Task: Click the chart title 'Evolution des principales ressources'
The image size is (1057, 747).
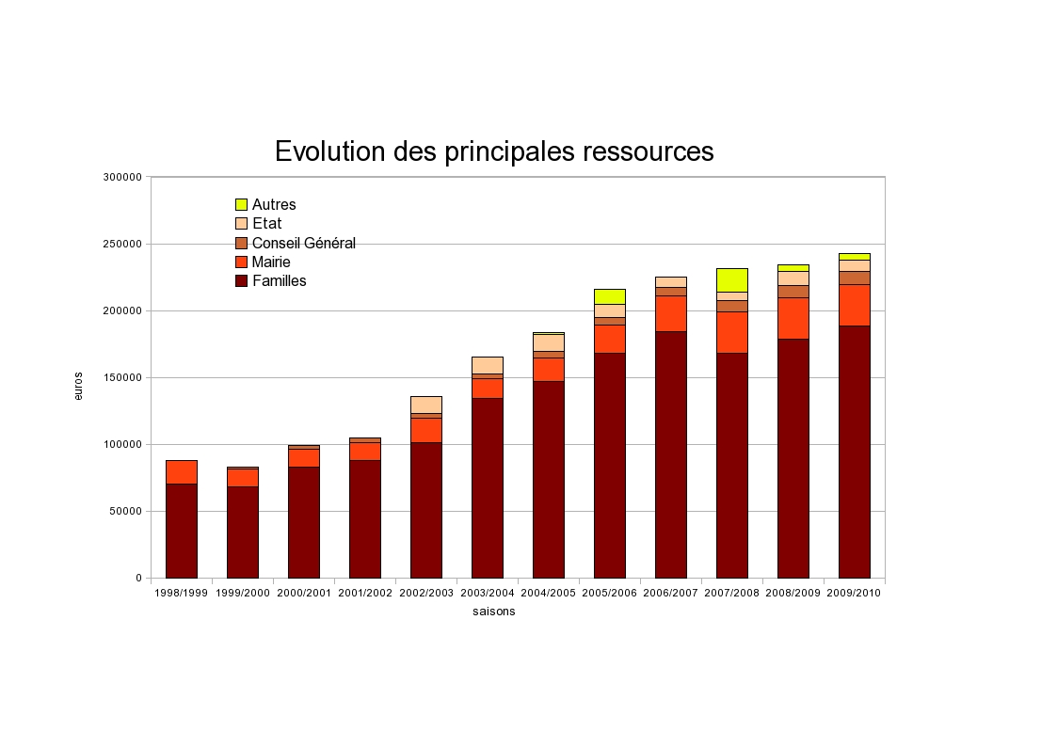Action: [494, 151]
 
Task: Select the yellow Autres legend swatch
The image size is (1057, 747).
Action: [241, 205]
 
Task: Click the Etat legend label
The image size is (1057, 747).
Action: [266, 224]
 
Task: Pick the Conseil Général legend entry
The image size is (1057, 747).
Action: [303, 243]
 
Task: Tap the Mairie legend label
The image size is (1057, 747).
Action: [271, 262]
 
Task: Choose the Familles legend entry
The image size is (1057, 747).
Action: [279, 280]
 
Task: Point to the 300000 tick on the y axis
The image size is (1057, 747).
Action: [124, 177]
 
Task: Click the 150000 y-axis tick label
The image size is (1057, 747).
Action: [124, 377]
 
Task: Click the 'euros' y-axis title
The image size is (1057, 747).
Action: [79, 386]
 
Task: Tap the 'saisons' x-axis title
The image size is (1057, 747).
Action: [494, 612]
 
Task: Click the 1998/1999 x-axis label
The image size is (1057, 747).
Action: [182, 593]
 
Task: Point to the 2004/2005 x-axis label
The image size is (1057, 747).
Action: [549, 593]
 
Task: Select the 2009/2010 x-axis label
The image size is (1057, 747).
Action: [855, 593]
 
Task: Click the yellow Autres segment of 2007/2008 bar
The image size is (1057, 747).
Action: [732, 279]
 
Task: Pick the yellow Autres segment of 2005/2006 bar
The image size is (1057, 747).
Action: [610, 296]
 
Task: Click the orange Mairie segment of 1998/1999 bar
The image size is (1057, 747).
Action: [182, 471]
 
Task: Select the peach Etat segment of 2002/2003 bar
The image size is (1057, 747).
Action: [426, 405]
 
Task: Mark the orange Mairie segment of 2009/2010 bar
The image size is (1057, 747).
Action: [855, 305]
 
